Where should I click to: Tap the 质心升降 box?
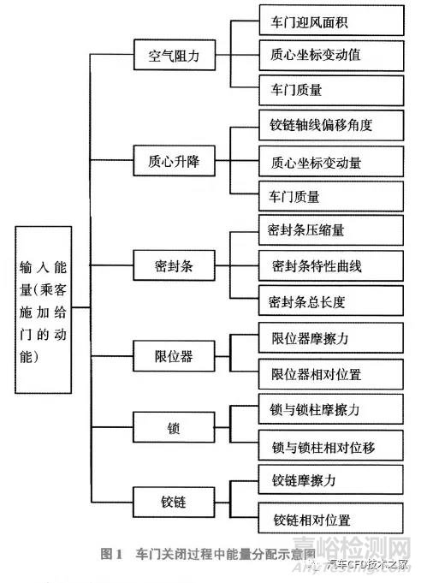point(169,160)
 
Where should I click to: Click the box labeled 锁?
point(169,425)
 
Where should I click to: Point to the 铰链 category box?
point(169,498)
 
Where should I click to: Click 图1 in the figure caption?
point(112,554)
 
